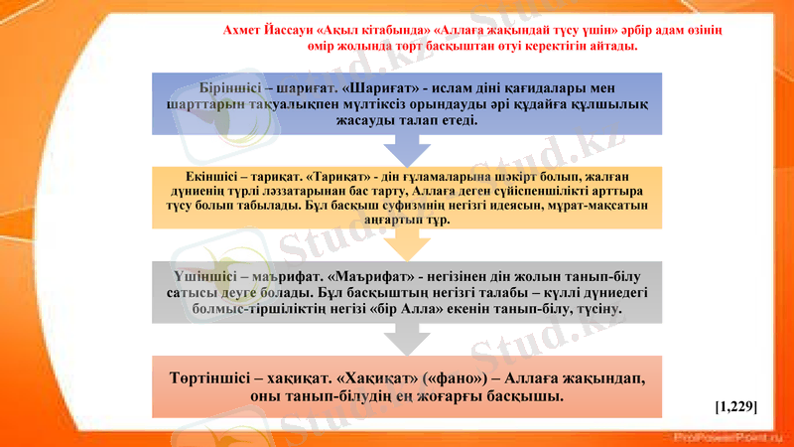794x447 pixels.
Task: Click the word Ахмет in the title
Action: [244, 31]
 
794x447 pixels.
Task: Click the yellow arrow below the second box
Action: [407, 245]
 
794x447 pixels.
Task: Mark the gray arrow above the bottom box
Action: [407, 340]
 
